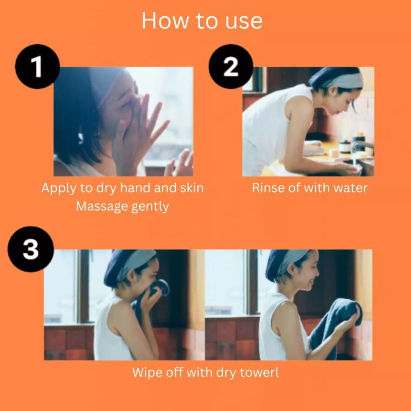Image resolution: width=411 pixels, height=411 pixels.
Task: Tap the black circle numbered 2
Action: click(231, 67)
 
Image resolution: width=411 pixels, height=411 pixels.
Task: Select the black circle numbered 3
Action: click(31, 250)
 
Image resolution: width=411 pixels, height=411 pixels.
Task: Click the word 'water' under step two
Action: click(351, 188)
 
